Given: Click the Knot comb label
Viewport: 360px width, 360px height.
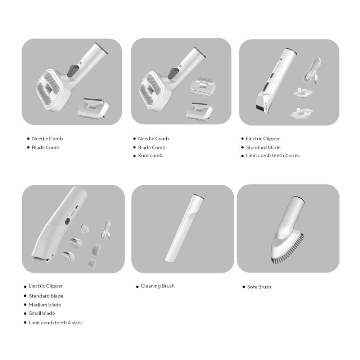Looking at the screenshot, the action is coord(150,156).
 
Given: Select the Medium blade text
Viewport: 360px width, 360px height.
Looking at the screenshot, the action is coord(45,305).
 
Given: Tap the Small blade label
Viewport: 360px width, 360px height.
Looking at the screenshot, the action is coord(42,313).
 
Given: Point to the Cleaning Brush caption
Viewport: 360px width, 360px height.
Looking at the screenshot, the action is coord(158,286).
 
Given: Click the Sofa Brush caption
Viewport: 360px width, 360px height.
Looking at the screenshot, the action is coord(259,287).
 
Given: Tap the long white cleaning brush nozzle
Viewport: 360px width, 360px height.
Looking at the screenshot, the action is coord(184,229).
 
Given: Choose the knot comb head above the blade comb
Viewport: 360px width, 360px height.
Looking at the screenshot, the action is coord(202,86).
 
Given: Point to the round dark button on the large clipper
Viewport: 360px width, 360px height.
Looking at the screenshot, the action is coord(68,221).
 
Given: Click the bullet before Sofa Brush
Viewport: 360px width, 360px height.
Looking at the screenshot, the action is coord(244,287).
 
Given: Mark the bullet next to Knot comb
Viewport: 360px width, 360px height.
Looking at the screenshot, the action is coord(135,156).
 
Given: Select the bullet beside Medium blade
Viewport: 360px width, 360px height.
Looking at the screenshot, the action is coord(25,305).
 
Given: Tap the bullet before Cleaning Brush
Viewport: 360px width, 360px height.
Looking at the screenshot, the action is coord(137,287).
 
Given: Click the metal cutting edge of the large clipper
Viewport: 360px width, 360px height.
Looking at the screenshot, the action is coord(40,260).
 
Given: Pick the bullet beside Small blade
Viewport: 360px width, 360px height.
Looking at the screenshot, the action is coord(25,314).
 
